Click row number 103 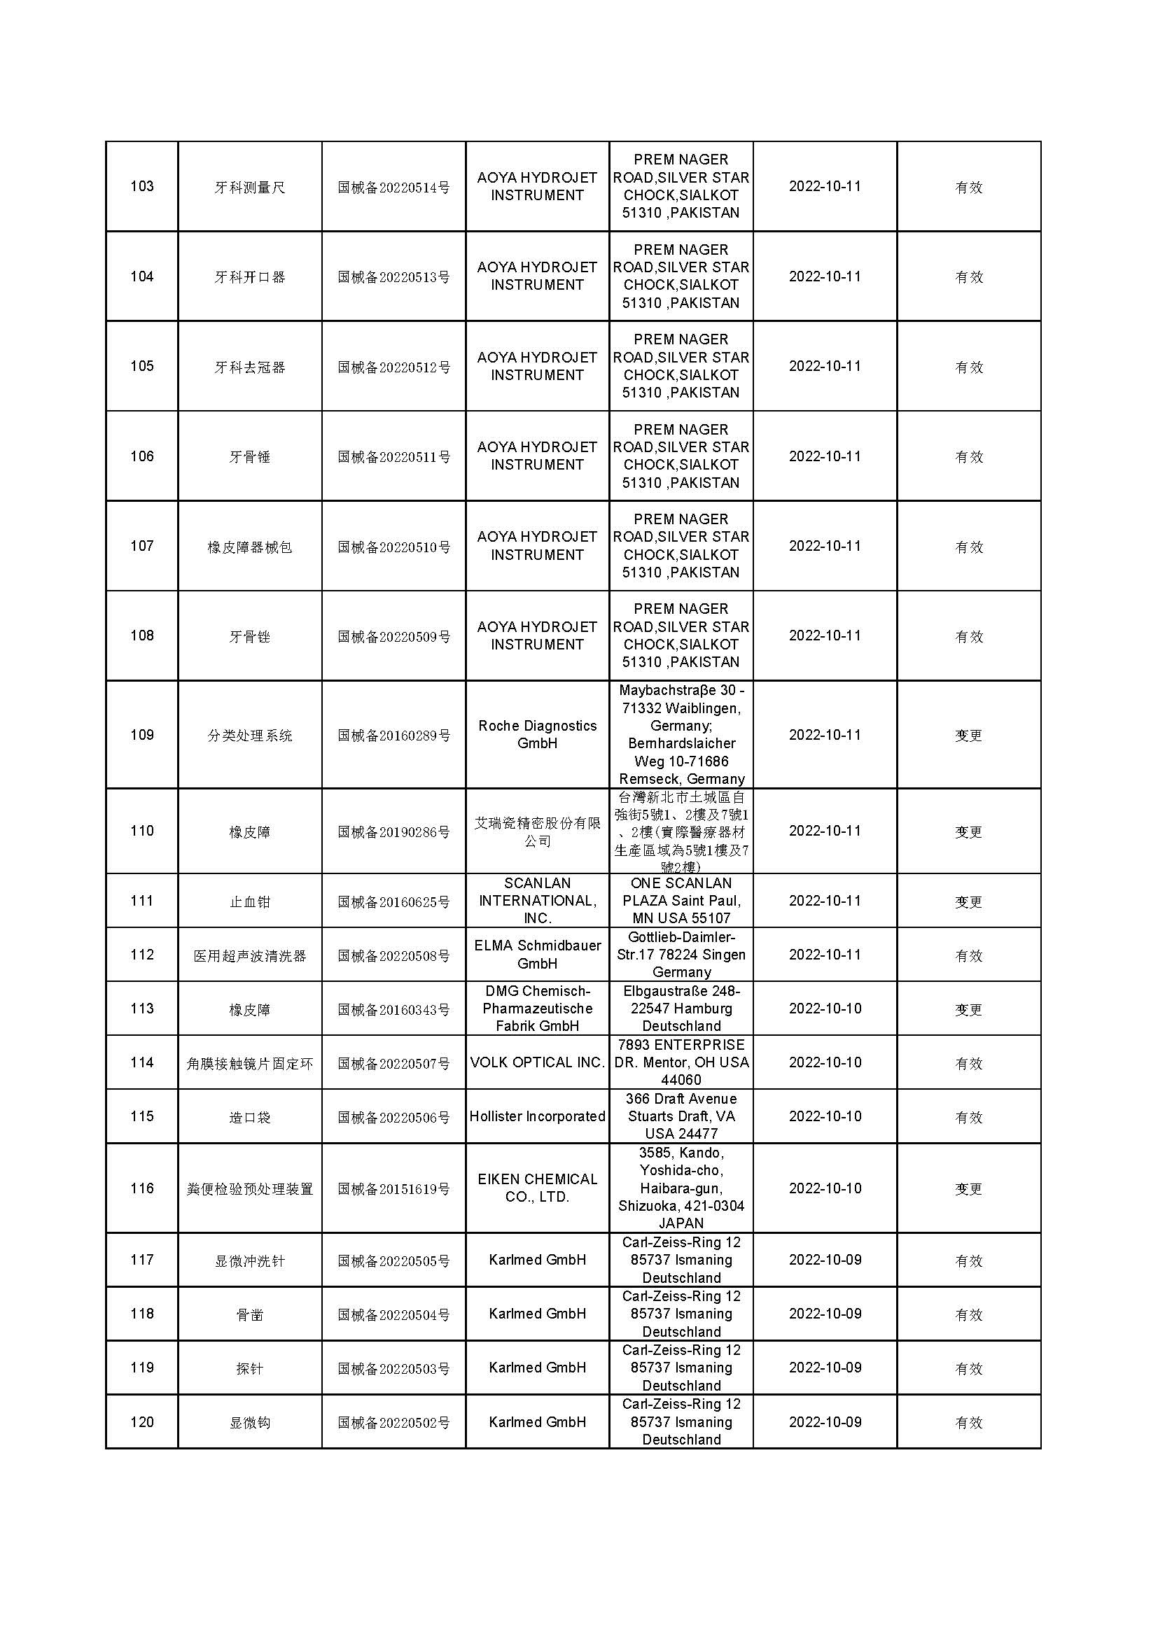pos(142,186)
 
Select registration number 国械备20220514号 pos(393,188)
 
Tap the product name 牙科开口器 pos(249,276)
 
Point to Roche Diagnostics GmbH pos(537,734)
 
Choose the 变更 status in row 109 pos(968,735)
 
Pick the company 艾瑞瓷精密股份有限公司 pos(537,831)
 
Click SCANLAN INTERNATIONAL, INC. pos(537,901)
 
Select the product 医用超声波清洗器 pos(249,955)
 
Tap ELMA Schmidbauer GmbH pos(537,954)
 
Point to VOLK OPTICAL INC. pos(537,1062)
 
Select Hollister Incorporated pos(537,1116)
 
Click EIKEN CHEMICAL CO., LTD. pos(537,1188)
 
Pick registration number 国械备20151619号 pos(393,1188)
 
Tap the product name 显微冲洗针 pos(249,1260)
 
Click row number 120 pos(142,1422)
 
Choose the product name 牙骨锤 pos(249,456)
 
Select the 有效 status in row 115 pos(968,1117)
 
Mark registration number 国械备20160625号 pos(393,902)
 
